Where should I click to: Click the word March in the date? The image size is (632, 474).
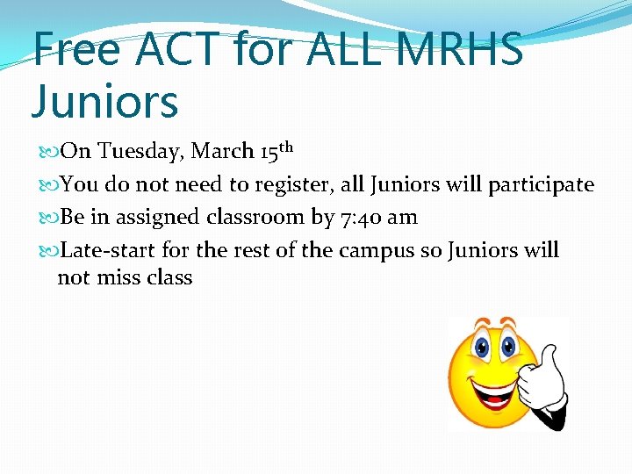tap(223, 152)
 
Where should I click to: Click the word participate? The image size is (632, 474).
tap(542, 185)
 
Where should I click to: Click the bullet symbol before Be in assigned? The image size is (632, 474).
tap(49, 218)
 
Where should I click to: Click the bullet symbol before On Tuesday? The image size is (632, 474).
tap(49, 152)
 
